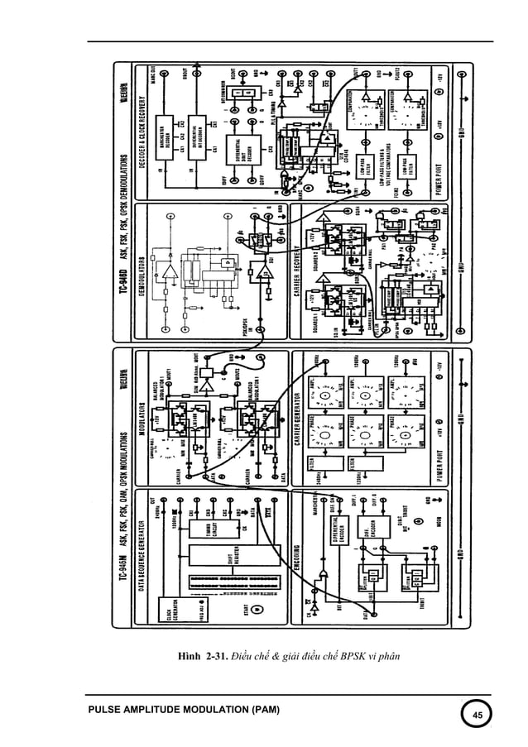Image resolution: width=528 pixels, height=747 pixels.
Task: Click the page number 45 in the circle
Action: pos(476,714)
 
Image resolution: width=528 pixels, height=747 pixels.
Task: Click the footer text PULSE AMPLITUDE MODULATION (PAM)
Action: pos(184,711)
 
